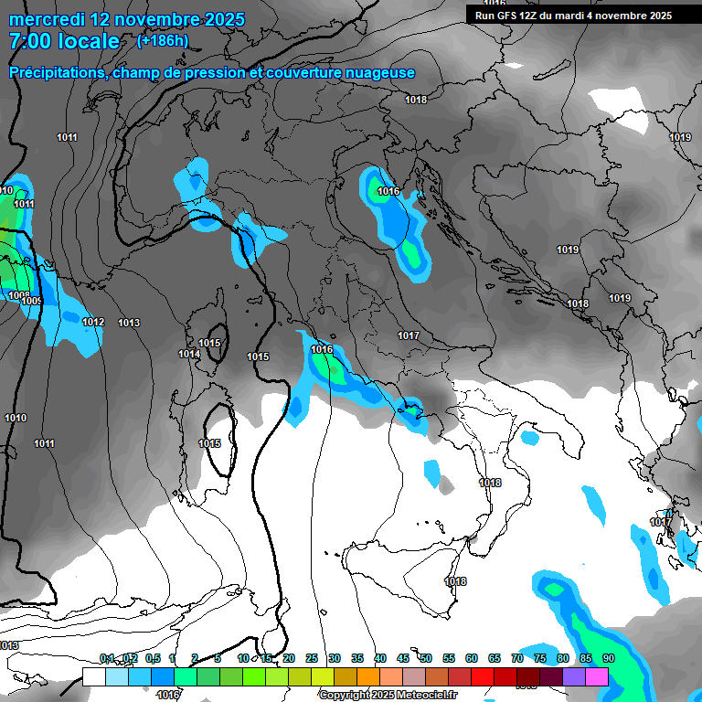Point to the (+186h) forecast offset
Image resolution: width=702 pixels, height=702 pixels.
point(164,41)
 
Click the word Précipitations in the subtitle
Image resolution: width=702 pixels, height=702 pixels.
point(55,72)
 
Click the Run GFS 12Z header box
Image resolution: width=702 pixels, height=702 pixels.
point(574,15)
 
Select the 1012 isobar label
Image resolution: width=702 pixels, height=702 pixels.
point(93,323)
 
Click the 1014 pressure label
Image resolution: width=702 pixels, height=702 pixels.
point(189,354)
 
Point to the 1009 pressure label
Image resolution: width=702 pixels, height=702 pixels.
point(32,302)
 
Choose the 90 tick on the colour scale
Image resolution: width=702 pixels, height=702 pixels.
point(609,658)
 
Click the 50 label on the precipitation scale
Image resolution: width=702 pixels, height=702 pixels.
point(426,658)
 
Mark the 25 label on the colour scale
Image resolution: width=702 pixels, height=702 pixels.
point(312,658)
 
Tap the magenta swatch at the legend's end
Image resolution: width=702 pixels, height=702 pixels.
point(597,676)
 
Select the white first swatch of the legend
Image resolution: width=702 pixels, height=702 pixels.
point(93,676)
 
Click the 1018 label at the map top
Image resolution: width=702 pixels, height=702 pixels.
point(416,100)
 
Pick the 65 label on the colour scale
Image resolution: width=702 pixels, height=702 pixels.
point(495,658)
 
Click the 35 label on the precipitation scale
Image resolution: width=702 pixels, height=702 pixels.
point(357,658)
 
